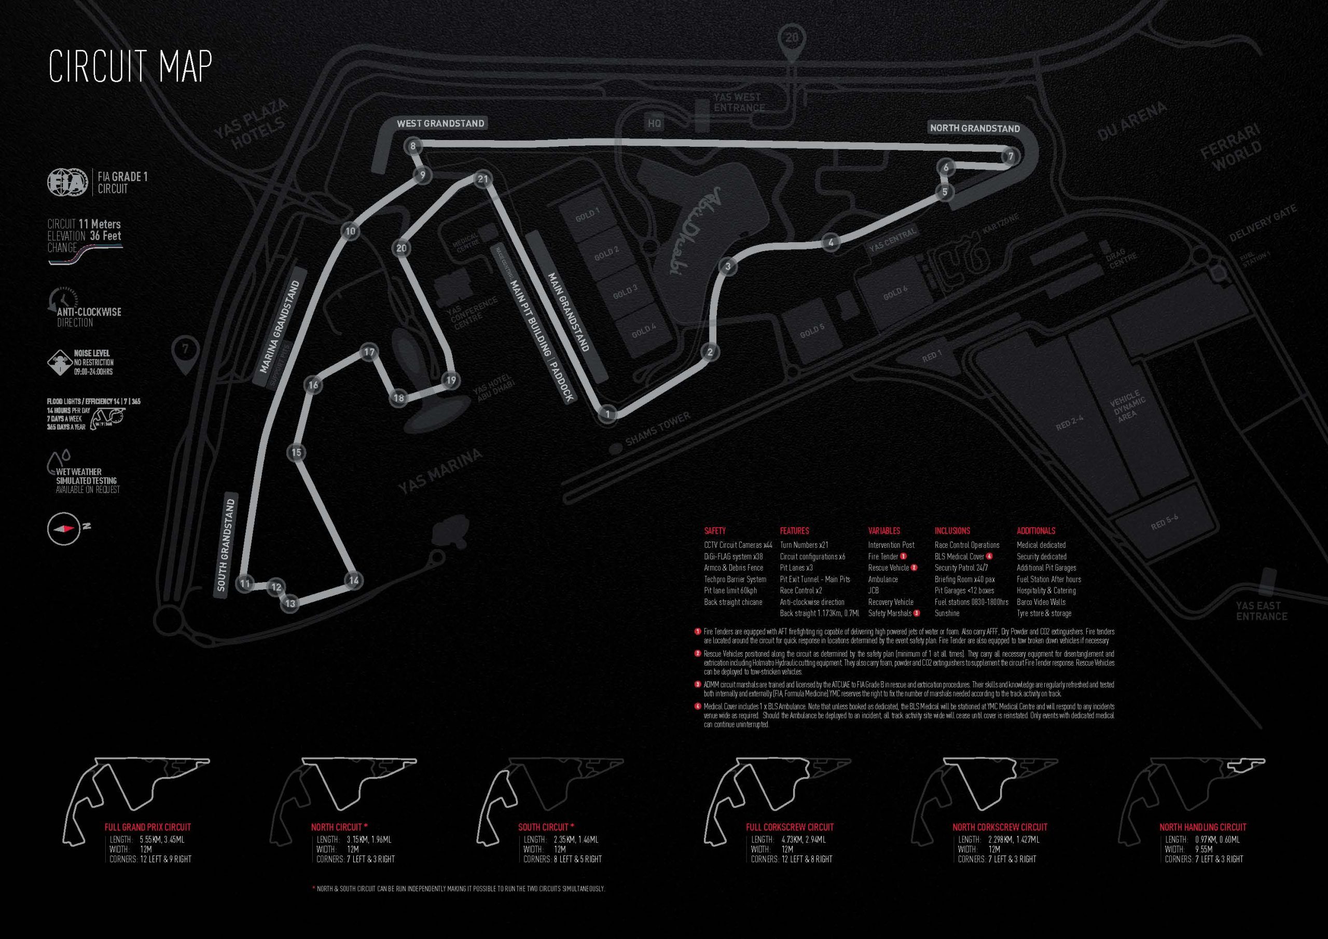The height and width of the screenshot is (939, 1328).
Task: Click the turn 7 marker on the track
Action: click(1011, 157)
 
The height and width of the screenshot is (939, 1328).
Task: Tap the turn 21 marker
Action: click(483, 179)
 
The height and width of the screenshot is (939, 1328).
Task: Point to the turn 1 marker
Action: click(607, 413)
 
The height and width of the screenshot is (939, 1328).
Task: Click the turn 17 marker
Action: click(369, 352)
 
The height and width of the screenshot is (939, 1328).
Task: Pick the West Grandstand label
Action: click(440, 123)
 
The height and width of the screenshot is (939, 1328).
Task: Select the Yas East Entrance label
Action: click(1262, 611)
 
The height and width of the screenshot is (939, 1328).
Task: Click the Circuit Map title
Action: click(130, 67)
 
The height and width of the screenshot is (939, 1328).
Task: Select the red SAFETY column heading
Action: click(715, 531)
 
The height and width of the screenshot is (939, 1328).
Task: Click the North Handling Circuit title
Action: click(1202, 827)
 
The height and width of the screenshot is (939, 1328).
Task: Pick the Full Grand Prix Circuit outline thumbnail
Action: click(139, 789)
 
